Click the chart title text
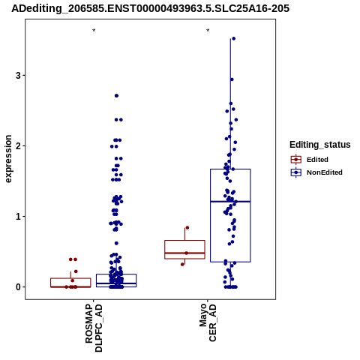coord(150,8)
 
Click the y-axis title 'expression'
coord(8,159)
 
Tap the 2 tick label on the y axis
coord(19,145)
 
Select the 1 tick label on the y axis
coord(19,217)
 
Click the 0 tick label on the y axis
coord(19,287)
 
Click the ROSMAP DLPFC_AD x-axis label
coord(94,328)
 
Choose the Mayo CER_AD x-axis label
coord(208,322)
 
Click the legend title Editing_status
coord(320,145)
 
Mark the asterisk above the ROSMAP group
coord(94,31)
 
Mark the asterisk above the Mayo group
coord(208,31)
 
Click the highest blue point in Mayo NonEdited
coord(234,38)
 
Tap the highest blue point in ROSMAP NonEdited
coord(116,96)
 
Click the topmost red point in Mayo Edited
coord(187,228)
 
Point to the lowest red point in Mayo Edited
coord(182,265)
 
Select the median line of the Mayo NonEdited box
coord(230,202)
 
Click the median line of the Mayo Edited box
coord(184,253)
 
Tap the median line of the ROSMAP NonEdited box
coord(116,283)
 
